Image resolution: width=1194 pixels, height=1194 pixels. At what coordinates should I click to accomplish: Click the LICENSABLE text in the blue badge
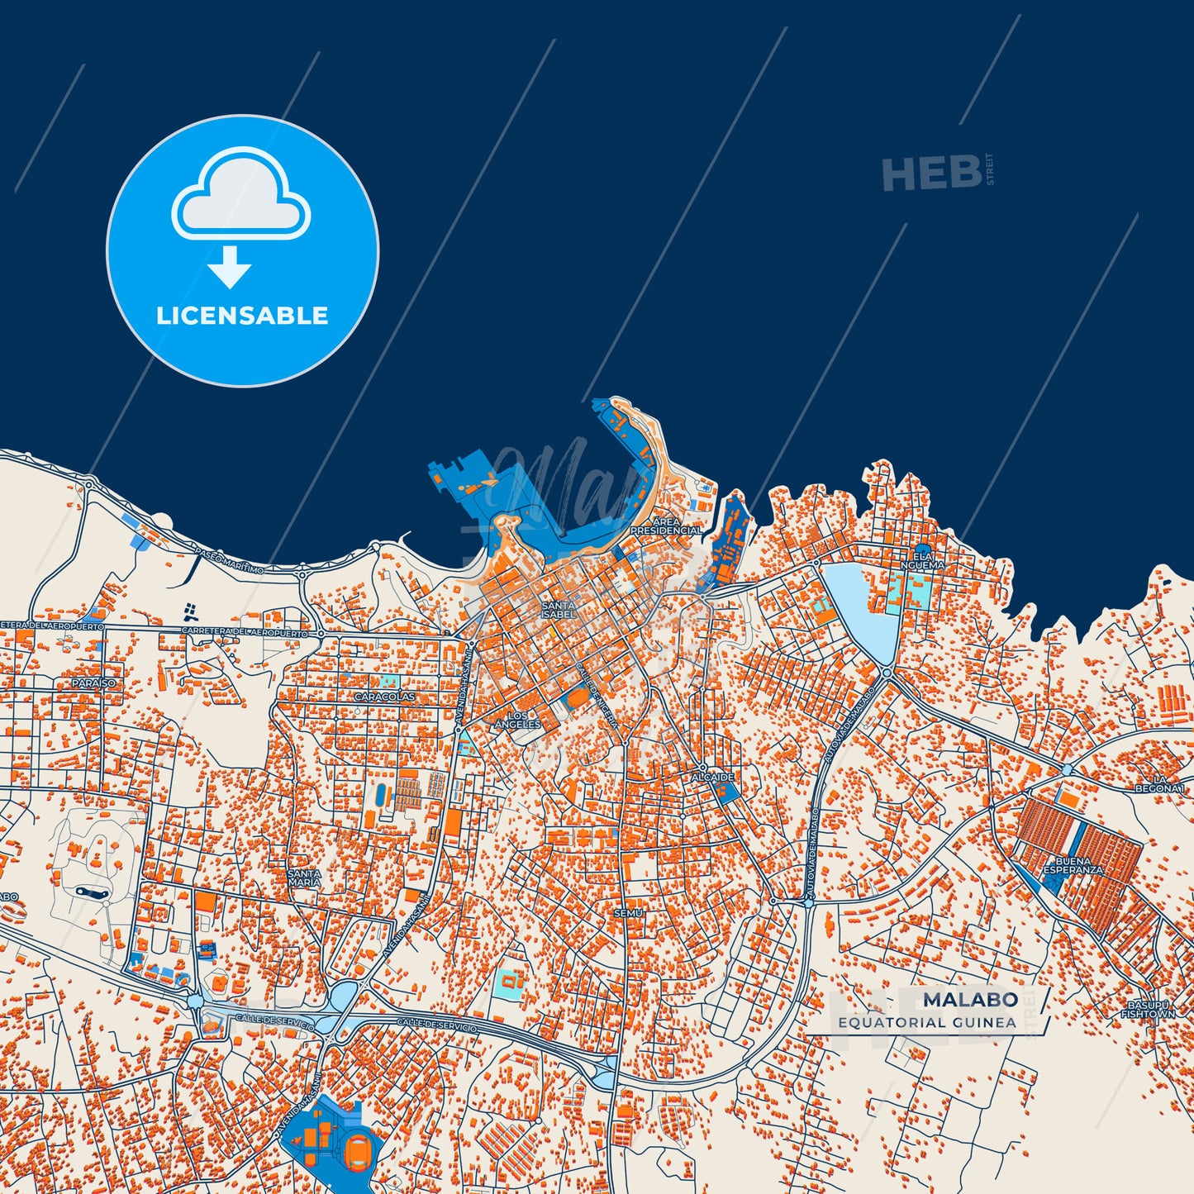point(242,316)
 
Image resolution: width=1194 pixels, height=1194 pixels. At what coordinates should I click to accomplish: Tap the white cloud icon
point(240,195)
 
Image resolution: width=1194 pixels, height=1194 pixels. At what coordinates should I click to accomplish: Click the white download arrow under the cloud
point(230,267)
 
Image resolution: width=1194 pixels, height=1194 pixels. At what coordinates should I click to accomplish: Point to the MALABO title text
point(970,1000)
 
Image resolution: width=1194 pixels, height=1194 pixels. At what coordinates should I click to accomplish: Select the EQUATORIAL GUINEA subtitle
point(927,1022)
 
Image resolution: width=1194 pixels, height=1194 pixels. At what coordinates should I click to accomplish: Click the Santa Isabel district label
point(559,610)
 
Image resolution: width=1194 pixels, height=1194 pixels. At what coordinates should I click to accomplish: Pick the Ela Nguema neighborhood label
point(922,561)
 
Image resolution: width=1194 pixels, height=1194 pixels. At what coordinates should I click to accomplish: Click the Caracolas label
point(384,697)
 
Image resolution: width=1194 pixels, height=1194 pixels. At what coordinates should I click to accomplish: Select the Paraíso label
point(93,683)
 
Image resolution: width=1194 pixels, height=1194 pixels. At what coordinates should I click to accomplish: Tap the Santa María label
point(304,878)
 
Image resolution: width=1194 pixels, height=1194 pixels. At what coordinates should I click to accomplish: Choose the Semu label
point(628,913)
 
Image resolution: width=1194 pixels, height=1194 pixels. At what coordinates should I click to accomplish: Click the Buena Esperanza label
point(1073,865)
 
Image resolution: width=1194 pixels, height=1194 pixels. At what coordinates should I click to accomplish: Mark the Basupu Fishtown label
point(1149,1010)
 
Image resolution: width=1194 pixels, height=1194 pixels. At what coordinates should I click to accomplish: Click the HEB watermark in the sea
point(932,174)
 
